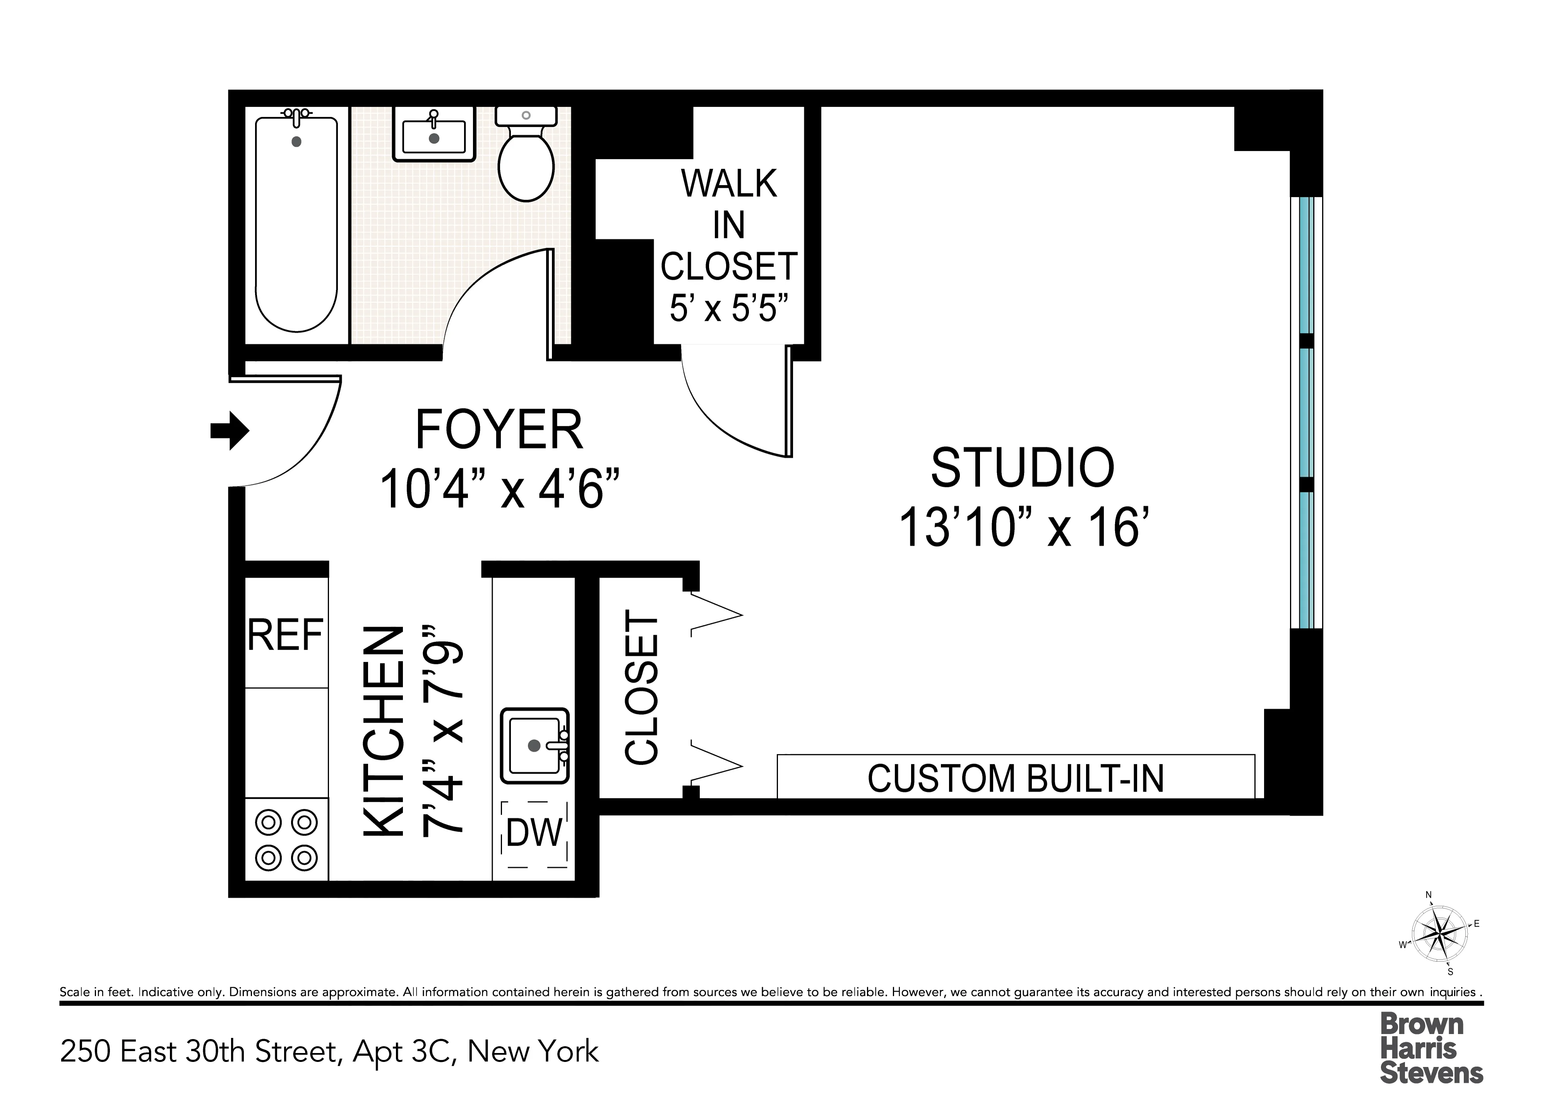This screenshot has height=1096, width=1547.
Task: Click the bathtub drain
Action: coord(296,142)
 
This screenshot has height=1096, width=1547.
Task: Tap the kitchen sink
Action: coord(535,746)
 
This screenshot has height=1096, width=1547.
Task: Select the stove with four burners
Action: coord(286,840)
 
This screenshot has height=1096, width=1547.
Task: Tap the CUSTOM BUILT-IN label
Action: coord(1015,778)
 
